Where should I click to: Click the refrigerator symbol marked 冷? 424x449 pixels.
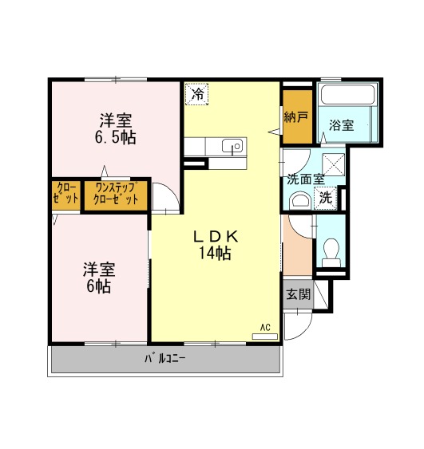[x=196, y=94]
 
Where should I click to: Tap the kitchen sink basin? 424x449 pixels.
[x=234, y=146]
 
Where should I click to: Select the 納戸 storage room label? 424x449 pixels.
[x=296, y=116]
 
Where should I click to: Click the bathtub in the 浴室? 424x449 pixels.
[x=347, y=95]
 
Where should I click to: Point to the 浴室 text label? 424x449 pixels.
[x=341, y=125]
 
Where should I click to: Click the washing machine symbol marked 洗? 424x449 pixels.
[x=325, y=198]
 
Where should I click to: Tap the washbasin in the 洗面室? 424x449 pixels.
[x=300, y=200]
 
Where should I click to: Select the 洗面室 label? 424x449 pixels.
[x=306, y=179]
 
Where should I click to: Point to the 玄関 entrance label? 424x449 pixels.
[x=299, y=294]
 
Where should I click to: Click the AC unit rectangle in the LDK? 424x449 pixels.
[x=265, y=337]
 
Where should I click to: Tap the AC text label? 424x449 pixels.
[x=265, y=327]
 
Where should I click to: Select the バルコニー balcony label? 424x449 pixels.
[x=164, y=359]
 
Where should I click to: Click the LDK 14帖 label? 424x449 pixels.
[x=216, y=245]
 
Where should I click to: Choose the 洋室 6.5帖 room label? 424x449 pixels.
[x=116, y=129]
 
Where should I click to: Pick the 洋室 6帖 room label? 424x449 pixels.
[x=99, y=278]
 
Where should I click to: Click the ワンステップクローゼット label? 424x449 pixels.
[x=116, y=194]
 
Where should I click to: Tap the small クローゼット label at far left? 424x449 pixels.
[x=65, y=193]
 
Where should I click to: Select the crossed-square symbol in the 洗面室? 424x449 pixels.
[x=334, y=164]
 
